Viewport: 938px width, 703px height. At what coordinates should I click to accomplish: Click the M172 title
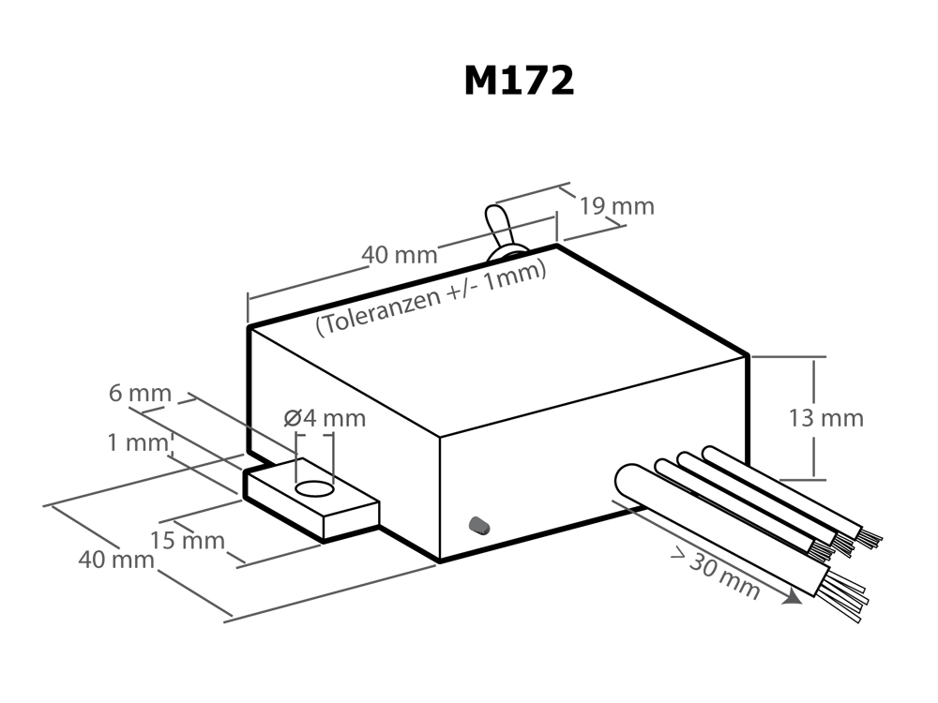[x=519, y=81]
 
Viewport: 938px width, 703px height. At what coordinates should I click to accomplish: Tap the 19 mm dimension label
[x=617, y=206]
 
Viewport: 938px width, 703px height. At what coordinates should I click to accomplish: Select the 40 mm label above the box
[x=400, y=255]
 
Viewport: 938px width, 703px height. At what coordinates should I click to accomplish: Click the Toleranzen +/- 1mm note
[x=431, y=298]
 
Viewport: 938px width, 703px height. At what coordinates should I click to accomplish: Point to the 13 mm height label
[x=825, y=418]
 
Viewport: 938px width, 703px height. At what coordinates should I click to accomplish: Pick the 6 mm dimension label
[x=140, y=394]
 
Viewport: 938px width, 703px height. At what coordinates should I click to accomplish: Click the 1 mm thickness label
[x=138, y=443]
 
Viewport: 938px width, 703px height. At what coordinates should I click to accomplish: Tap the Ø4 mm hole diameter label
[x=325, y=418]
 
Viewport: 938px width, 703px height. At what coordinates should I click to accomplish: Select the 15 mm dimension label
[x=188, y=541]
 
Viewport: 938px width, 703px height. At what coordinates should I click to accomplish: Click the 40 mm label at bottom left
[x=116, y=561]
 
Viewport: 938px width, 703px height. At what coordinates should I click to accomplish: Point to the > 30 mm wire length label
[x=716, y=575]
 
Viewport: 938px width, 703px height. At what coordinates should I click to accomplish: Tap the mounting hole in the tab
[x=314, y=489]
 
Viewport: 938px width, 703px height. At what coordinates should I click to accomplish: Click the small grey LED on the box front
[x=479, y=525]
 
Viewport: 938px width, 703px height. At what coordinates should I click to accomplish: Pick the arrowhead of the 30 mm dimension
[x=794, y=597]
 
